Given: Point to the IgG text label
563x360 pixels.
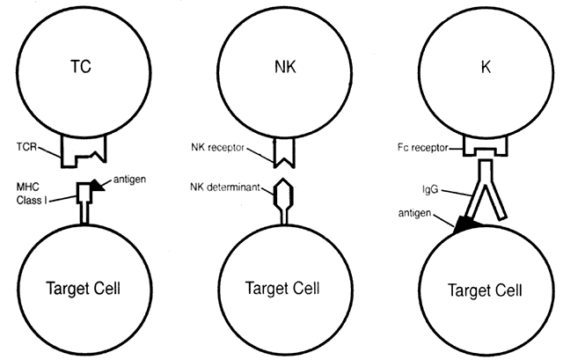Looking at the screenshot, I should coord(433,187).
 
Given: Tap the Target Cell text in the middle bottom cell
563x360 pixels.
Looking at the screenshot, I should coord(282,287).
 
